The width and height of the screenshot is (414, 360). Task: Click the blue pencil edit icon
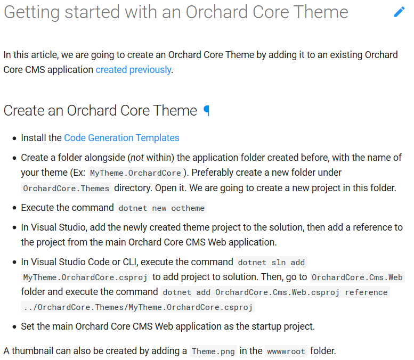coord(399,12)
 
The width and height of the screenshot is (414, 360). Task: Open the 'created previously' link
coord(133,70)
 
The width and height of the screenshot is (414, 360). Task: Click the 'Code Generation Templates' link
coord(121,138)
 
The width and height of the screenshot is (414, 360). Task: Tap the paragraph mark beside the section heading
coord(207,111)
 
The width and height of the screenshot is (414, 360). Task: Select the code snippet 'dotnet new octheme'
coord(161,208)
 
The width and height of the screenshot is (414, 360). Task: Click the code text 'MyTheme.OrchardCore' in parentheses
coord(135,173)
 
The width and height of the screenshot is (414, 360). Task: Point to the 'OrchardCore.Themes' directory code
coord(66,189)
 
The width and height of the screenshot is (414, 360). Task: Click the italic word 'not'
coord(137,158)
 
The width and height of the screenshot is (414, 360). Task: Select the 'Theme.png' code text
coord(213,351)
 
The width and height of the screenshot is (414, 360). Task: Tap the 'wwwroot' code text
coord(286,351)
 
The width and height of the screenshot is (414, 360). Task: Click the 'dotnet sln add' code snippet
coord(271,263)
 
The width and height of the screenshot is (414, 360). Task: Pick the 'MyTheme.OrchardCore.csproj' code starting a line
coord(85,277)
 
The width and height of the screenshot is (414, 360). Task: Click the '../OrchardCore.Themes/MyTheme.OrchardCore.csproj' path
coord(138,307)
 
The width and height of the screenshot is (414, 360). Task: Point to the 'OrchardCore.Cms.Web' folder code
coord(357,277)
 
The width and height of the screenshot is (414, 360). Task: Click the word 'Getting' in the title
coord(31,12)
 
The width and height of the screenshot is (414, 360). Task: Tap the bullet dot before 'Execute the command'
coord(14,208)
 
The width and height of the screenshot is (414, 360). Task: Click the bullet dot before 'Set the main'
coord(14,327)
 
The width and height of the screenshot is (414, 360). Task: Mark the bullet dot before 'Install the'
coord(14,138)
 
